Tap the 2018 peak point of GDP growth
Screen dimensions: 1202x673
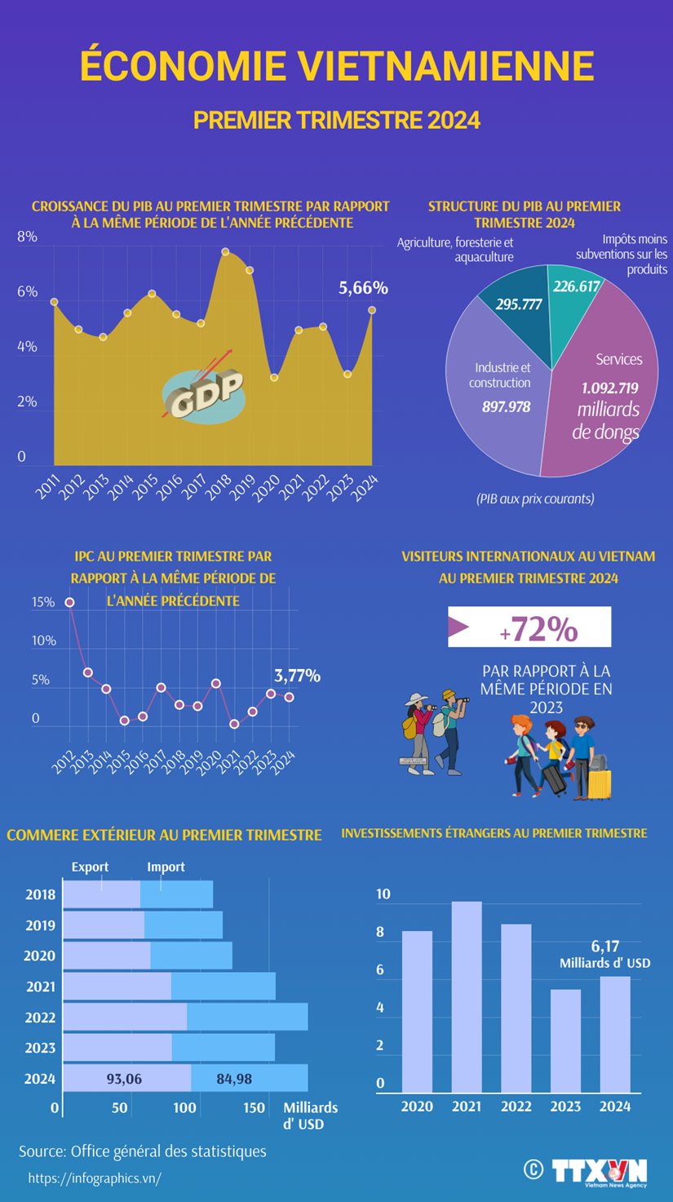(225, 252)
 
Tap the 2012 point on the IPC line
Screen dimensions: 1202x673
(69, 602)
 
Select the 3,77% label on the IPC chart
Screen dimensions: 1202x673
(297, 676)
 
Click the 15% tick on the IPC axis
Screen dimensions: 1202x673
(43, 602)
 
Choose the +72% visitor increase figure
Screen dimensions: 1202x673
(539, 629)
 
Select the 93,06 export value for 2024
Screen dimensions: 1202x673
(124, 1079)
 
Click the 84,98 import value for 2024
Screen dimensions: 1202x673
(234, 1079)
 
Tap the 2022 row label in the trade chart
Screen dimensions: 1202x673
(40, 1018)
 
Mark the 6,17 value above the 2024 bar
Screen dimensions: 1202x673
(605, 946)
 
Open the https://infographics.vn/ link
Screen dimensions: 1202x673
(95, 1178)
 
